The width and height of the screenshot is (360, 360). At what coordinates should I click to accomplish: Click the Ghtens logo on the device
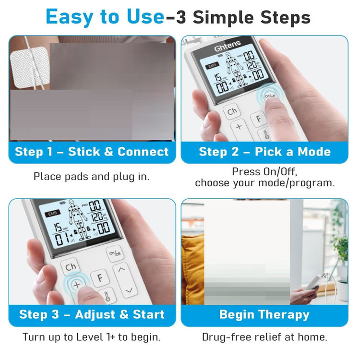click(228, 46)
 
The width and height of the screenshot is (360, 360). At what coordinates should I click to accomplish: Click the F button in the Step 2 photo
click(259, 119)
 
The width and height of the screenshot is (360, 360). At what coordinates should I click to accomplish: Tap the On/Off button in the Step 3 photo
click(115, 253)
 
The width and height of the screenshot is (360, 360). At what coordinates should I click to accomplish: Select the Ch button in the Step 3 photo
click(71, 267)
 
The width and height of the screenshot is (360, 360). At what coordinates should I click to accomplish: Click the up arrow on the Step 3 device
click(121, 269)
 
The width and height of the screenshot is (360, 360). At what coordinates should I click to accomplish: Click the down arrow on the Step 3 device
click(129, 290)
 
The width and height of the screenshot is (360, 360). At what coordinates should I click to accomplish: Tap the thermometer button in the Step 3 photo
click(107, 296)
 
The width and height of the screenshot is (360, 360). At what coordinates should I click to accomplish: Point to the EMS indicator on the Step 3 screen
click(53, 214)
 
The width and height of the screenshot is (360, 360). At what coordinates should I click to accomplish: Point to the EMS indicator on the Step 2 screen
click(212, 66)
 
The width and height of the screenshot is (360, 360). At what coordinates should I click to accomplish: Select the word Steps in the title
click(286, 18)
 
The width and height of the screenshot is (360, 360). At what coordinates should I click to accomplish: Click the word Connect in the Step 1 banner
click(143, 152)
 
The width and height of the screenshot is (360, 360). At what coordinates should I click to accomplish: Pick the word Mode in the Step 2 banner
click(314, 152)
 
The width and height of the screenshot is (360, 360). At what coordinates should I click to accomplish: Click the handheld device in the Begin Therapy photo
click(314, 283)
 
